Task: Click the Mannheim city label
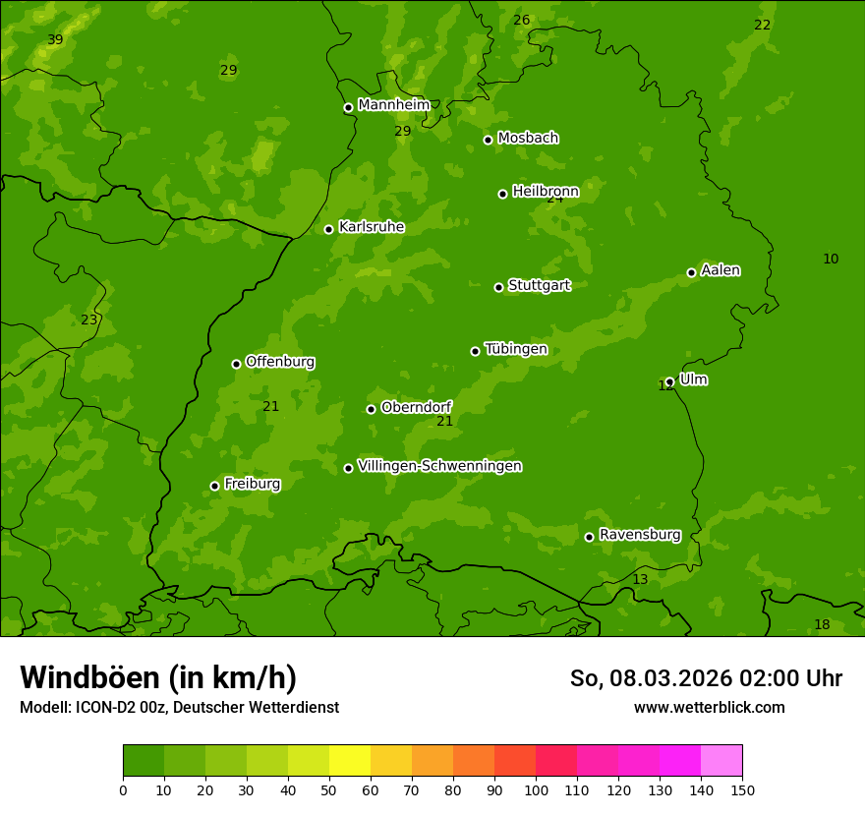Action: [x=393, y=105]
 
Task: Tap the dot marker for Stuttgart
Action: [x=498, y=287]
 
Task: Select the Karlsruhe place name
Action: [x=371, y=227]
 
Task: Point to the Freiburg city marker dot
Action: [x=214, y=486]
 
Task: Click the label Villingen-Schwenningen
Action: [x=439, y=466]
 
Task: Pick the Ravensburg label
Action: [x=639, y=535]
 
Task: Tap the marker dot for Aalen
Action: [x=691, y=272]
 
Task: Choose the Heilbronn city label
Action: [x=546, y=192]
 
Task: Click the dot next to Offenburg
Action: [x=236, y=364]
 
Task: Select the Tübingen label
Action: [x=515, y=349]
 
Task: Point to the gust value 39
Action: [x=55, y=39]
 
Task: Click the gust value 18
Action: [x=822, y=625]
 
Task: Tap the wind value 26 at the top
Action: [x=521, y=20]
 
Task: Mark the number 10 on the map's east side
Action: [x=831, y=259]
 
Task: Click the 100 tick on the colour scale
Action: [x=536, y=788]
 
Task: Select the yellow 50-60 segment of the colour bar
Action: [x=350, y=761]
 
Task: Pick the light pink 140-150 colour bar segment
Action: [x=721, y=761]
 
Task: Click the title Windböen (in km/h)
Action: [x=158, y=677]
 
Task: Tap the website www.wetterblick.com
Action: [x=709, y=707]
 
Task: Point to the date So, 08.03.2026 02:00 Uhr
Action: [x=706, y=678]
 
